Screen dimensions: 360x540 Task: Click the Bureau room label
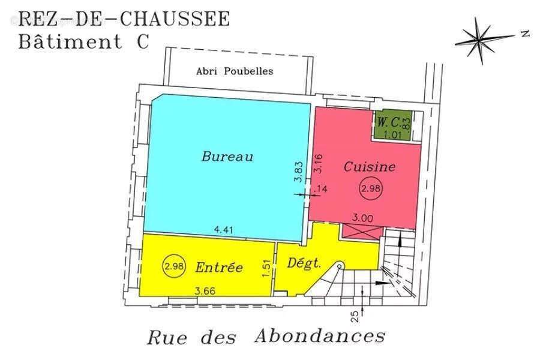(227, 157)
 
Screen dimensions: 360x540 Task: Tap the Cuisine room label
(369, 167)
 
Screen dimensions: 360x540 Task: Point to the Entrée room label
(219, 268)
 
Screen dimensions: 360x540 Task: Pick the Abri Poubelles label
(235, 71)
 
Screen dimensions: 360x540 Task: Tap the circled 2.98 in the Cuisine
(371, 189)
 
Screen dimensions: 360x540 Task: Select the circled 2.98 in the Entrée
(174, 265)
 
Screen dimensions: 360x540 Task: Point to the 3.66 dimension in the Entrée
(206, 291)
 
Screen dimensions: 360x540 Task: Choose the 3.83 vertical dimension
(298, 173)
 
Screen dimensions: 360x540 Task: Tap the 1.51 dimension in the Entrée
(266, 268)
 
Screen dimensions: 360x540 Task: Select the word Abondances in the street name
(320, 335)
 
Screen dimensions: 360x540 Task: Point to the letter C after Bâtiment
(133, 42)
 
